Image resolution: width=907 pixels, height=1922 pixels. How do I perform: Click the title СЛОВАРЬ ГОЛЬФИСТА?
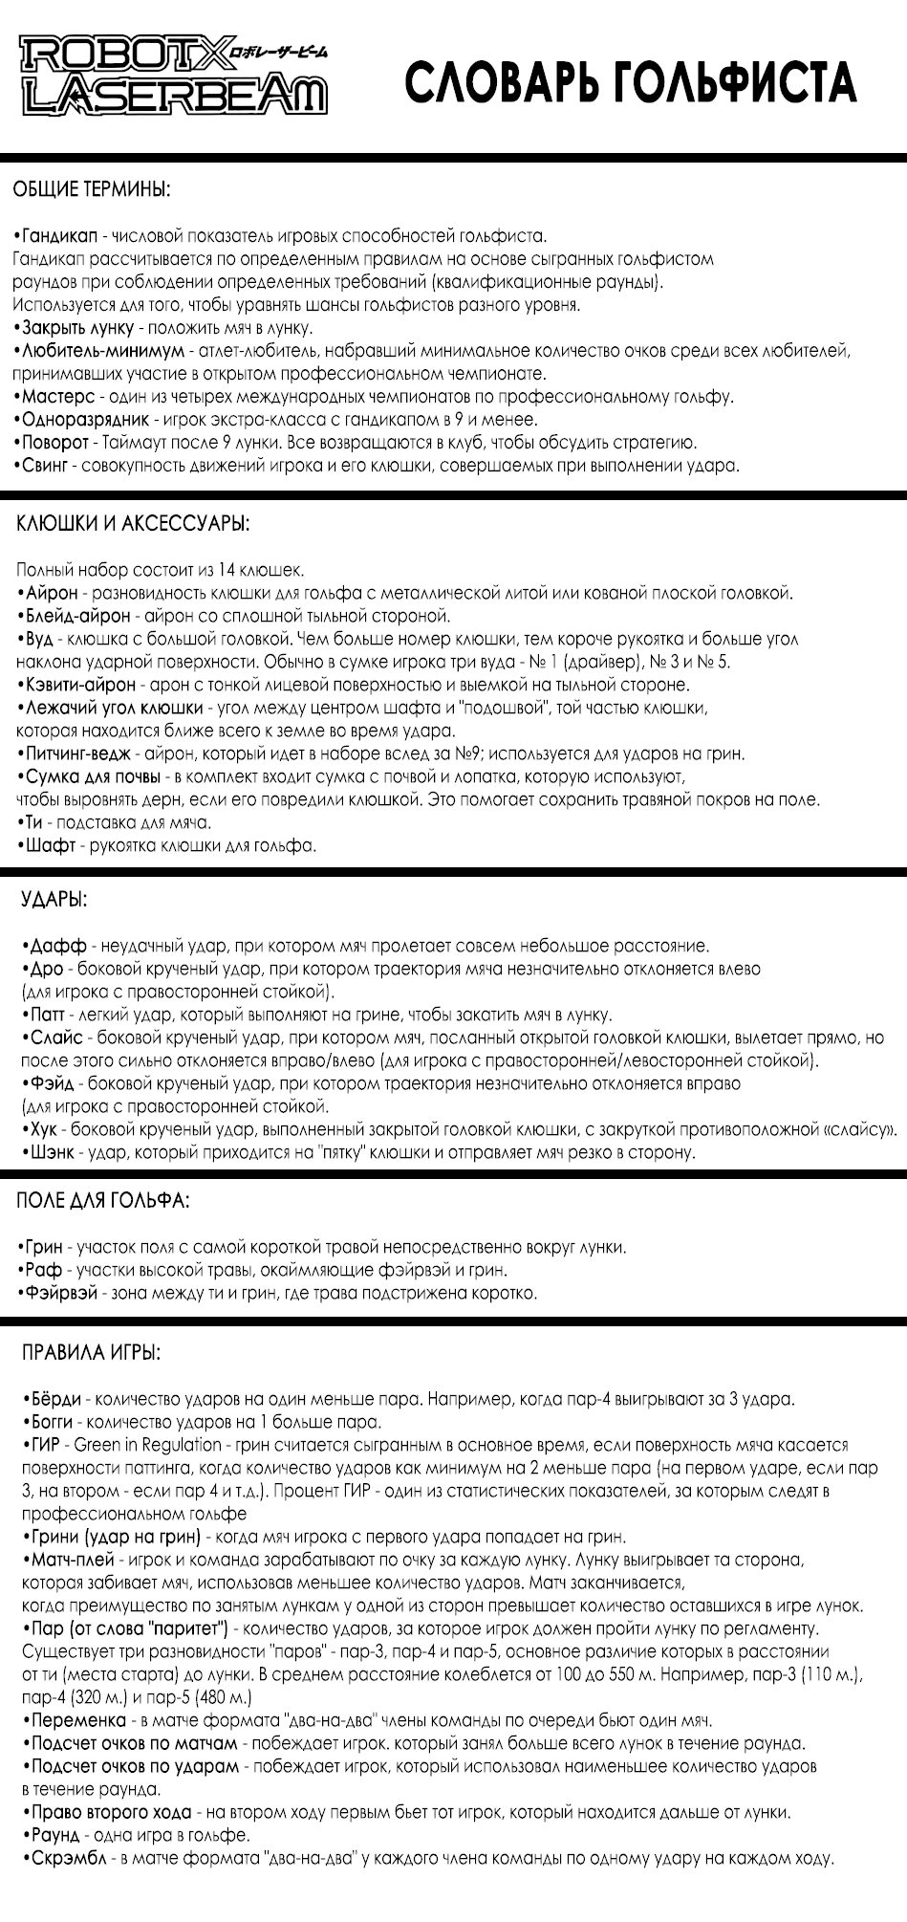coord(630,82)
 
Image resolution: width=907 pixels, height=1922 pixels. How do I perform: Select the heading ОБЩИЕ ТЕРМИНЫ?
coord(92,188)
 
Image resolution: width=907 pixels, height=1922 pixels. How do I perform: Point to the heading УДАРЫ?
coord(54,900)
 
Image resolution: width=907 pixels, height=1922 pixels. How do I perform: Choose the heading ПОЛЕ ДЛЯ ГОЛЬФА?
coord(103,1200)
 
